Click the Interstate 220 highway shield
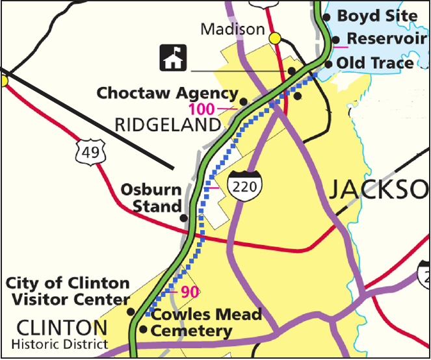pyautogui.click(x=244, y=186)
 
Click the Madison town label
pyautogui.click(x=232, y=29)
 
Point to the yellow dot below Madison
pyautogui.click(x=275, y=38)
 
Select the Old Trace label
pyautogui.click(x=374, y=63)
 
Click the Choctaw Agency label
pyautogui.click(x=167, y=94)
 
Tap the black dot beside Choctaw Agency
pyautogui.click(x=243, y=101)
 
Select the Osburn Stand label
pyautogui.click(x=151, y=199)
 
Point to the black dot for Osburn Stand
pyautogui.click(x=184, y=218)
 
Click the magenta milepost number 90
pyautogui.click(x=189, y=292)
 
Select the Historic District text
pyautogui.click(x=63, y=343)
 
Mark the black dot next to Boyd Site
pyautogui.click(x=326, y=17)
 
